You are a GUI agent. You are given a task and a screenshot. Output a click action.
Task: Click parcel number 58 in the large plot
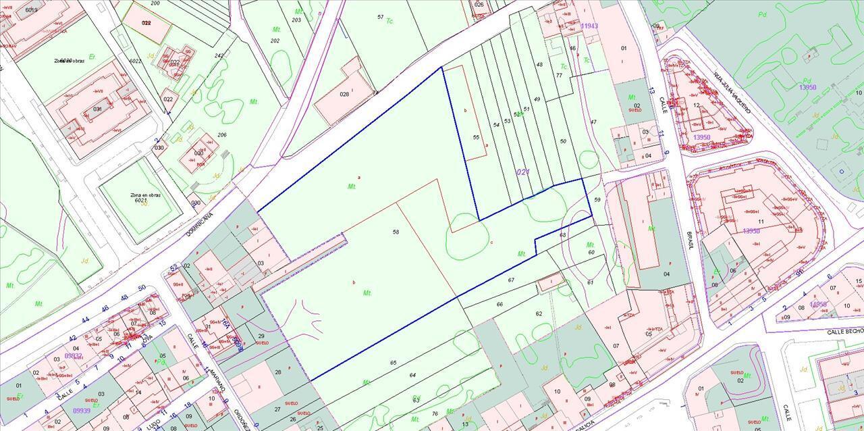[396, 232]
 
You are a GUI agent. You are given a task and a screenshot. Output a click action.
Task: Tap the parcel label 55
[476, 137]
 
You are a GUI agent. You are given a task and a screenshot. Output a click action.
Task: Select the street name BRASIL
[691, 238]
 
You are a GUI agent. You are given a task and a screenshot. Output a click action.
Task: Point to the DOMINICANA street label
[200, 223]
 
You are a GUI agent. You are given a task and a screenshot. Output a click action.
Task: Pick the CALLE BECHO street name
[845, 332]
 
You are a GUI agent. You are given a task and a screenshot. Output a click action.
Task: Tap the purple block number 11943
[589, 26]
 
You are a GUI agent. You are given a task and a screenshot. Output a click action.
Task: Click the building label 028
[344, 94]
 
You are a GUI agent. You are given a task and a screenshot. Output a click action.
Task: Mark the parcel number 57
[381, 17]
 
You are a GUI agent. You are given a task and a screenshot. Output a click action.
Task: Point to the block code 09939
[82, 410]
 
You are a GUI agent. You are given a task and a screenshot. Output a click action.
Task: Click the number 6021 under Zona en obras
[141, 201]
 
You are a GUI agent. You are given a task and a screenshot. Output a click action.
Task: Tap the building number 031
[98, 109]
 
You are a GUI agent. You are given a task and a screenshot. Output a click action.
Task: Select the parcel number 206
[221, 135]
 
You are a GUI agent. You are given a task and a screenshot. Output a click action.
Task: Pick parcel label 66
[500, 305]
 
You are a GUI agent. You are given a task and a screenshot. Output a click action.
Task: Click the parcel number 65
[394, 363]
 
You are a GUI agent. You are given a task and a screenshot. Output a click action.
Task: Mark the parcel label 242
[219, 55]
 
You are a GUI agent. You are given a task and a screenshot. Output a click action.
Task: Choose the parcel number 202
[275, 41]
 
